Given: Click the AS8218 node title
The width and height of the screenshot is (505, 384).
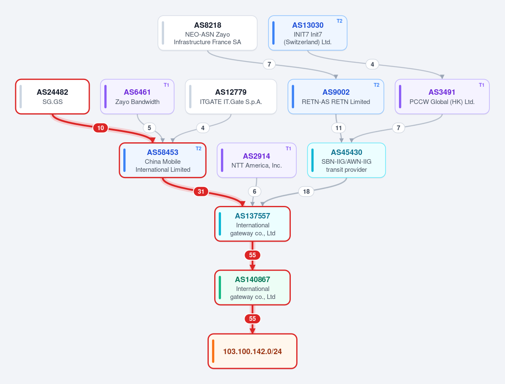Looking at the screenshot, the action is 207,25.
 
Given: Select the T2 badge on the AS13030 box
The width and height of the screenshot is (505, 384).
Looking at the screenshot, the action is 339,21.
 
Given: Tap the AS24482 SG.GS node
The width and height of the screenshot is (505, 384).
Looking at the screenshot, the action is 53,96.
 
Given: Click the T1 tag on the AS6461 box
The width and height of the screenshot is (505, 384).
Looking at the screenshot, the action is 166,85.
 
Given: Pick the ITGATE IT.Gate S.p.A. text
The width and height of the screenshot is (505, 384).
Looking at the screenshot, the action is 231,102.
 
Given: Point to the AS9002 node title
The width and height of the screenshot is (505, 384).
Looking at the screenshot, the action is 336,92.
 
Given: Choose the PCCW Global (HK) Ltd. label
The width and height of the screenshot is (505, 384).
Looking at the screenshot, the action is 442,102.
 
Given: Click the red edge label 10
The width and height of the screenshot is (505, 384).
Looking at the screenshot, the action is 101,128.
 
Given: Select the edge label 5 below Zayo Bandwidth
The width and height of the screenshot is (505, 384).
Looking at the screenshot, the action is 149,128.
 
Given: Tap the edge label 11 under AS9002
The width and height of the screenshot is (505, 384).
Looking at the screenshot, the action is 338,128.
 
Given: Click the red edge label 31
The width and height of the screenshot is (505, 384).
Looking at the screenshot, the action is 201,192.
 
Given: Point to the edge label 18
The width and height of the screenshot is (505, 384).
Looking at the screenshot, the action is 306,192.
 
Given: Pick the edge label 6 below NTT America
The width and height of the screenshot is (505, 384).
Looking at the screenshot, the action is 255,192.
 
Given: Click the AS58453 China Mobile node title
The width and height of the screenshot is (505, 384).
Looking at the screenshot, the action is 163,152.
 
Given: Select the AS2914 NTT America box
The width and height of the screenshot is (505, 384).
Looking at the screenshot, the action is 257,160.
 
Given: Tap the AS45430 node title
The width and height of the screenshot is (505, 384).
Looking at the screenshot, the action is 346,152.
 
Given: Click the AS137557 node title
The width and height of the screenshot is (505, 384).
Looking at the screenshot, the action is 252,216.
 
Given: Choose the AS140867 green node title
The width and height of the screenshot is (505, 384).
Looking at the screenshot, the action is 252,279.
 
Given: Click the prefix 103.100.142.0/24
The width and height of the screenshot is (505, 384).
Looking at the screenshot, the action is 252,351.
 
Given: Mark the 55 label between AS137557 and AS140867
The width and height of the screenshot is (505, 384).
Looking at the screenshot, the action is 252,255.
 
